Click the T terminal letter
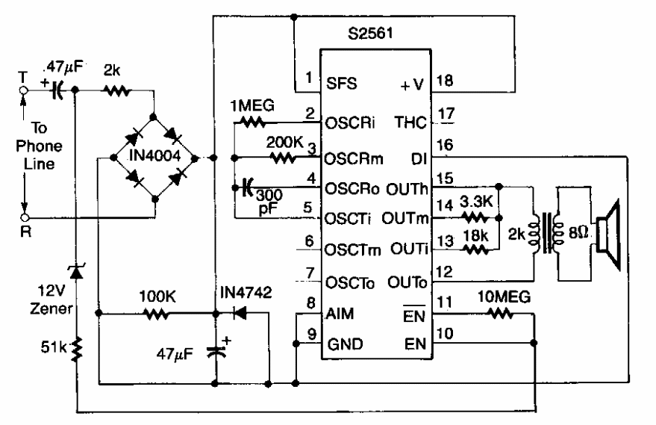[x=22, y=75]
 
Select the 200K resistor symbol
[x=282, y=158]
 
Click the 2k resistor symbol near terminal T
[x=117, y=91]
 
